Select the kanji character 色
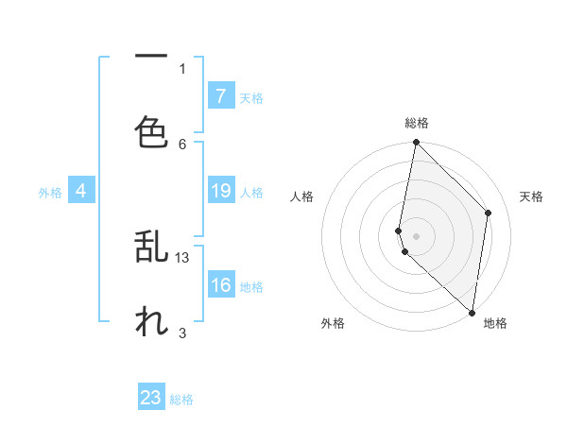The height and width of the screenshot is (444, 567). [x=151, y=131]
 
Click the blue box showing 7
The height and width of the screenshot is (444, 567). [x=220, y=96]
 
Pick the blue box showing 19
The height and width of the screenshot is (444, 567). [x=220, y=192]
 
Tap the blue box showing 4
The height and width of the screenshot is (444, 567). [x=81, y=192]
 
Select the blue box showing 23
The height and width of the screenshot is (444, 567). [x=151, y=398]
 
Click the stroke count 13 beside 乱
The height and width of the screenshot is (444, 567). [x=183, y=257]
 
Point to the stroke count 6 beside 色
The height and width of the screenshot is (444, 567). [x=182, y=144]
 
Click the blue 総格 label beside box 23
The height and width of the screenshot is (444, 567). [x=181, y=400]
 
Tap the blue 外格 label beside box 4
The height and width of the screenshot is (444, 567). [x=50, y=193]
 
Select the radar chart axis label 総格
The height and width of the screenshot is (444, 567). [x=417, y=123]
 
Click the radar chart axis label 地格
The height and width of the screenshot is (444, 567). [x=495, y=323]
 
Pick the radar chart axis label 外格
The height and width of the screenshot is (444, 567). [x=333, y=323]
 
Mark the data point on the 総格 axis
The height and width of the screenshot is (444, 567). [x=416, y=143]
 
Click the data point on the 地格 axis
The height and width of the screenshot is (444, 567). [x=472, y=312]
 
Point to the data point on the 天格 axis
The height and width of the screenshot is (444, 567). [x=489, y=213]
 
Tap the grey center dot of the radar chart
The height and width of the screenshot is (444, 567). [x=416, y=235]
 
